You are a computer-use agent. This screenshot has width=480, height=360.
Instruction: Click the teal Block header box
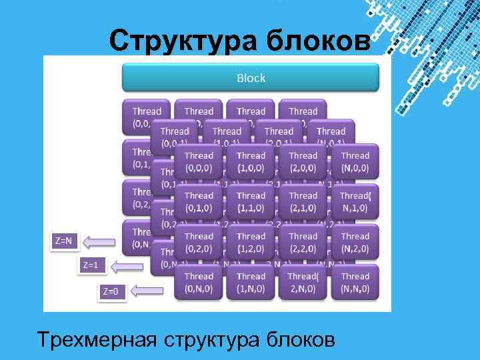(x=251, y=79)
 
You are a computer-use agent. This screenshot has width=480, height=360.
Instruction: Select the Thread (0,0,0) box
(x=199, y=162)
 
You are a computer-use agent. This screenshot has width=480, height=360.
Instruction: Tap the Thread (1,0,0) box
(x=251, y=162)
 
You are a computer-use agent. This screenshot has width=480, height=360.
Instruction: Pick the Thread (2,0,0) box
(x=303, y=162)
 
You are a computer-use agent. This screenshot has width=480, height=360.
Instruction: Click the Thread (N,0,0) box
(x=355, y=162)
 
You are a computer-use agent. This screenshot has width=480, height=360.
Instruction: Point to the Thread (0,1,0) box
(x=199, y=202)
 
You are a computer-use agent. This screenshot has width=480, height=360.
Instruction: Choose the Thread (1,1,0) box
(x=251, y=202)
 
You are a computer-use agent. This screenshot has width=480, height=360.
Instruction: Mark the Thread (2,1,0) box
(x=303, y=202)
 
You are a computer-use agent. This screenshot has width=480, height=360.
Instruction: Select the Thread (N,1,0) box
(x=355, y=202)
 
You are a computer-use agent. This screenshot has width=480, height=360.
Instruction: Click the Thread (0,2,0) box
(x=199, y=243)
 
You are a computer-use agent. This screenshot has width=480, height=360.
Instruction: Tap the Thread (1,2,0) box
(x=251, y=243)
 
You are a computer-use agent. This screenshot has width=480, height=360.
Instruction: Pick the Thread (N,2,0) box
(x=355, y=243)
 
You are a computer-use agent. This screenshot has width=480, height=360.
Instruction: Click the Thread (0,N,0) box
(x=199, y=283)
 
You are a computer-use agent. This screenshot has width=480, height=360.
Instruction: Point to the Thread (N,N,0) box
(x=355, y=283)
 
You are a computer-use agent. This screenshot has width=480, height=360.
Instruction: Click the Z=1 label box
(x=91, y=266)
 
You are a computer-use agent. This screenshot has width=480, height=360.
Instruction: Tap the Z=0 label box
(x=111, y=291)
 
